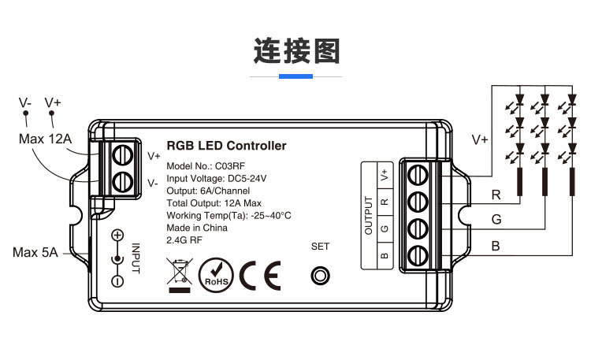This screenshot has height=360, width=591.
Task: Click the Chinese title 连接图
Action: tap(295, 49)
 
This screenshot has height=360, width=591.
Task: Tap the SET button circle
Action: tap(320, 276)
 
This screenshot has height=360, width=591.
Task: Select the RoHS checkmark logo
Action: tap(216, 276)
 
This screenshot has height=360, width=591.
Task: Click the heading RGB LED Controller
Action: tap(226, 146)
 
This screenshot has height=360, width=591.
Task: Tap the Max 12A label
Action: tap(45, 139)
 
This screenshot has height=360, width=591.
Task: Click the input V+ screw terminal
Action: tap(123, 154)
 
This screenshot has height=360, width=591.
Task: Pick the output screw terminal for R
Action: tap(418, 202)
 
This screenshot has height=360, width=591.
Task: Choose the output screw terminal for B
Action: tap(418, 254)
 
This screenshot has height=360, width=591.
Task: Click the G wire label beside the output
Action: tap(496, 219)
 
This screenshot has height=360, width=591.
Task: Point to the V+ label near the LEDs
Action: tap(480, 139)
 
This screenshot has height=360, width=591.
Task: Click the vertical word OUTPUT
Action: tap(368, 215)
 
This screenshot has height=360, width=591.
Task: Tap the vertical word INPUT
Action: tap(135, 258)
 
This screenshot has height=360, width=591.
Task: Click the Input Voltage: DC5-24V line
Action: tap(216, 179)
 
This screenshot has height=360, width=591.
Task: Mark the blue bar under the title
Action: tap(295, 76)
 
